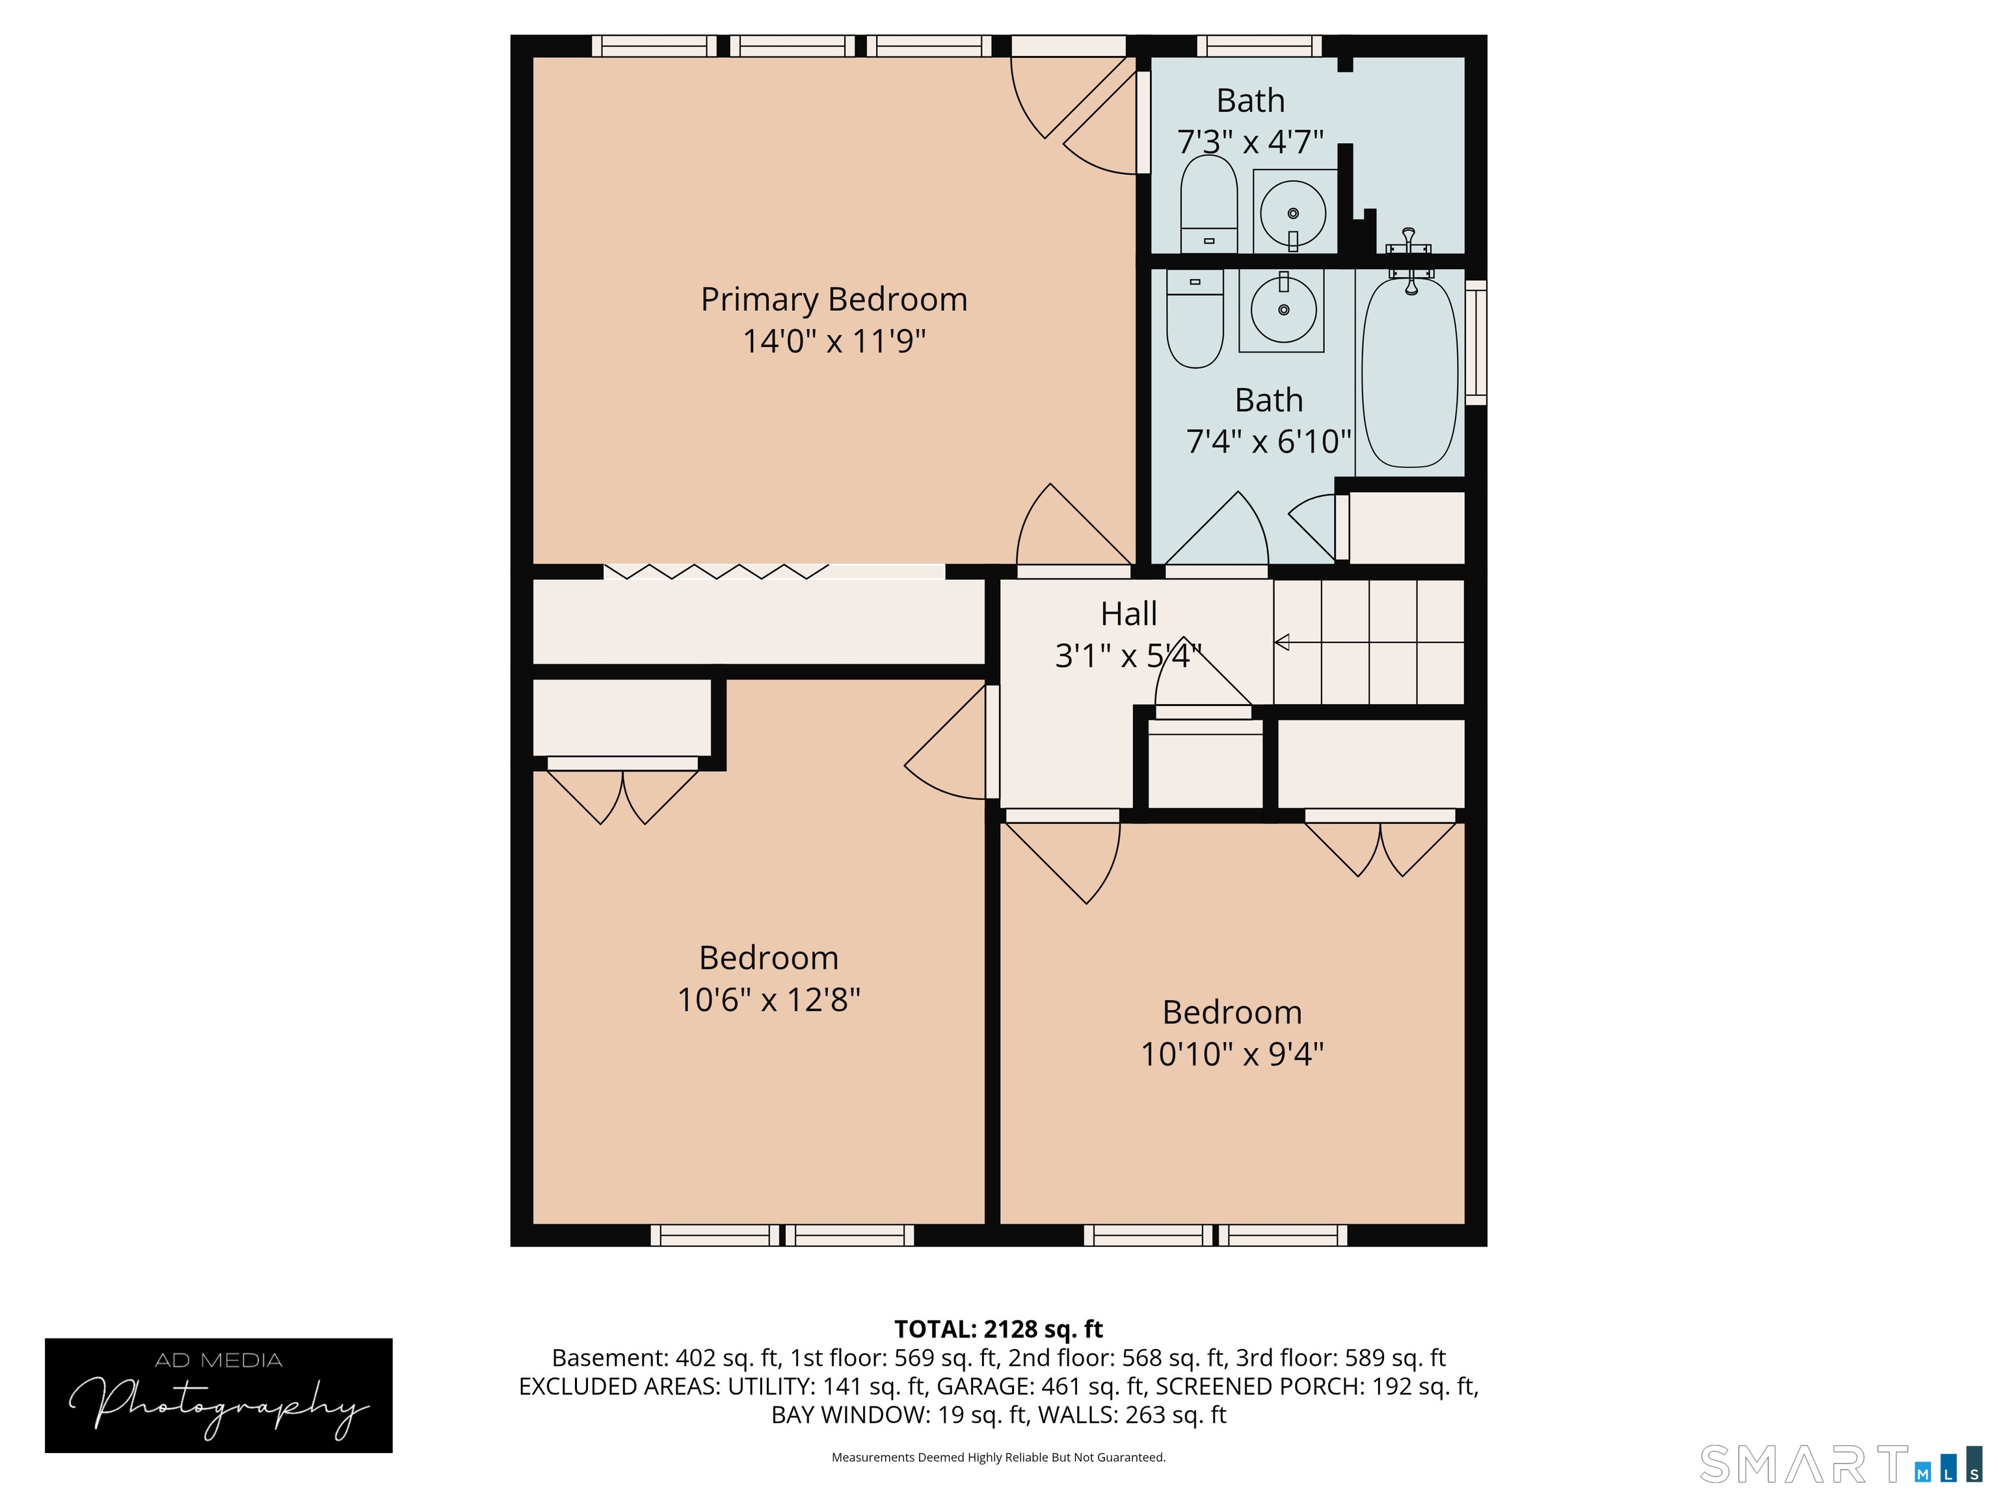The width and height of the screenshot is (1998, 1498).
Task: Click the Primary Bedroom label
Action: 834,300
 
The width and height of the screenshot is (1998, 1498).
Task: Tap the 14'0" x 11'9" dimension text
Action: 834,341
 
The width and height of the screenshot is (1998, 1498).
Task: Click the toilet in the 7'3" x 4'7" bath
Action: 1208,205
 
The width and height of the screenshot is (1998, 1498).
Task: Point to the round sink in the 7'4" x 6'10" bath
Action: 1283,309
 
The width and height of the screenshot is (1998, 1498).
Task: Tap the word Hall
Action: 1128,614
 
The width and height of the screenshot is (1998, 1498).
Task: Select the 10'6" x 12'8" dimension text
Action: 769,999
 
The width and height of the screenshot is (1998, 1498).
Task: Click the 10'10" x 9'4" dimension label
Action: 1232,1054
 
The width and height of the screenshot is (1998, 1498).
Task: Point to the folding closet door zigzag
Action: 716,572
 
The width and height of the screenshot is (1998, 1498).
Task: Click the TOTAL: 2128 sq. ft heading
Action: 998,1329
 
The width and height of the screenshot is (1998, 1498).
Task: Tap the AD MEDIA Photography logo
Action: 219,1395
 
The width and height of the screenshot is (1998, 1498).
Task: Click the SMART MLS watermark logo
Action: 1840,1464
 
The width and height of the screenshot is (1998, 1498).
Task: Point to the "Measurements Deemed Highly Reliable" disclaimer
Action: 998,1458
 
